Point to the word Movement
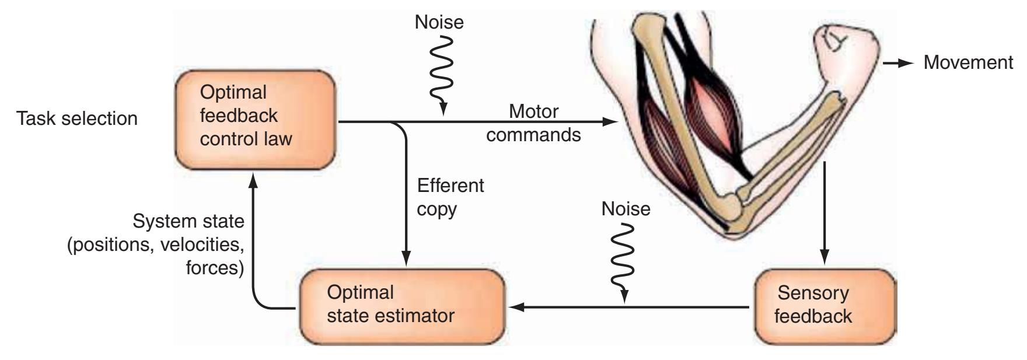[x=968, y=63]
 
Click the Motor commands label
[x=534, y=123]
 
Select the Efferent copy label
[x=450, y=197]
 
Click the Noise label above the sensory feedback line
[x=626, y=209]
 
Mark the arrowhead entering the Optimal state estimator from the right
[x=516, y=307]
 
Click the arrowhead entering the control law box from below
[x=253, y=181]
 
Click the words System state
[x=188, y=222]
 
